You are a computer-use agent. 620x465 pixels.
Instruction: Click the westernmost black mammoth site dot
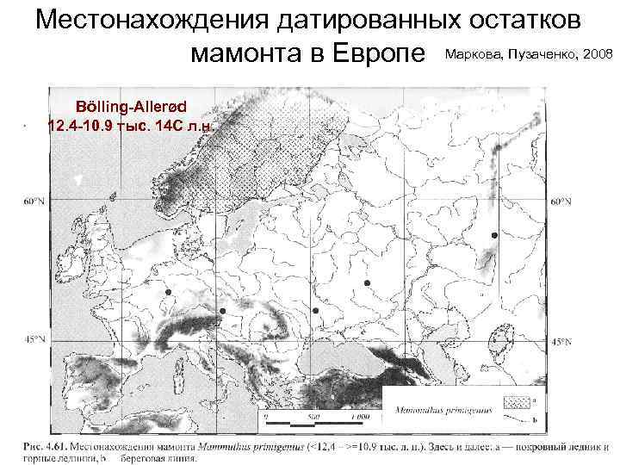pos(169,293)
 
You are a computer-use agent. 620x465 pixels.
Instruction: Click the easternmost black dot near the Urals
pos(494,235)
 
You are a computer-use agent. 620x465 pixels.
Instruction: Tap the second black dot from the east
pos(367,283)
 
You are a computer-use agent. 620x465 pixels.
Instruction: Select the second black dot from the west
pos(222,310)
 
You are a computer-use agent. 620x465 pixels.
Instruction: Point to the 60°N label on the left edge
pos(34,201)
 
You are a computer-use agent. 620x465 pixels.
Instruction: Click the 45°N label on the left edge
pos(34,340)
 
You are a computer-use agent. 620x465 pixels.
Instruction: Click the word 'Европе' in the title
pos(381,55)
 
